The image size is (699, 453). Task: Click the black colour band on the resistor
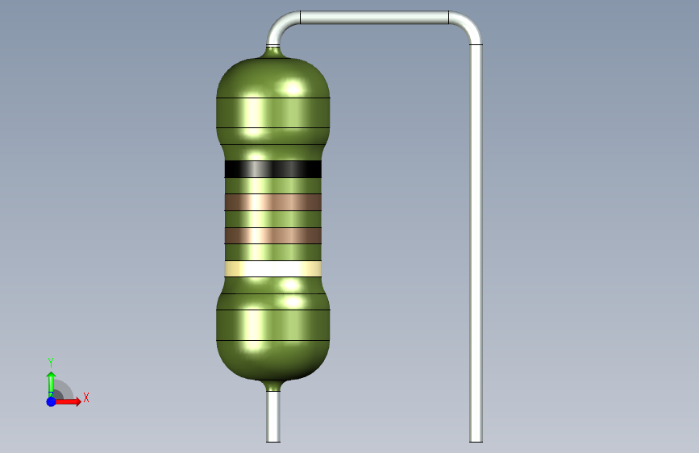tap(273, 169)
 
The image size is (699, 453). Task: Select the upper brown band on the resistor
tap(273, 202)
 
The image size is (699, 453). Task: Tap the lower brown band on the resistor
tap(273, 235)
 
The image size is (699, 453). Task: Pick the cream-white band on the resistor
tap(273, 269)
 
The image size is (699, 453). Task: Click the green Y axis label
tap(51, 363)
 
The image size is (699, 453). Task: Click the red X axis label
tap(86, 397)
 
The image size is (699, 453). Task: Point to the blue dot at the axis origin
tap(52, 401)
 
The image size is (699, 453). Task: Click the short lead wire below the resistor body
tap(273, 417)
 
